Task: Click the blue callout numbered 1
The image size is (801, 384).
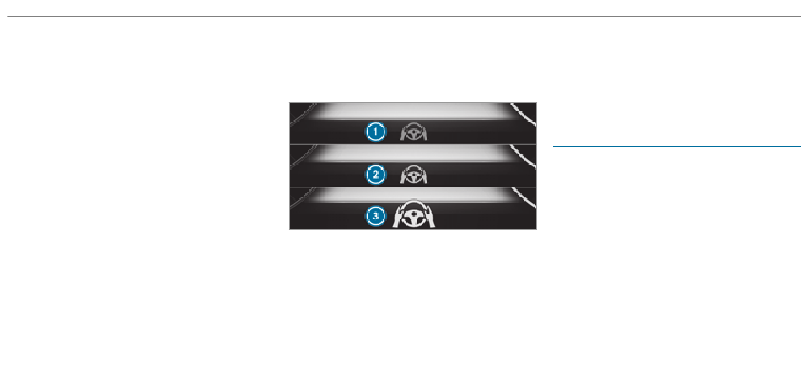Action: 376,133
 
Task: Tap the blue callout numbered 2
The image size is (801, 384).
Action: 376,175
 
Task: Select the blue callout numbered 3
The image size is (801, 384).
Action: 376,216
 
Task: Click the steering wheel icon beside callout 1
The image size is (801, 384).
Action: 414,133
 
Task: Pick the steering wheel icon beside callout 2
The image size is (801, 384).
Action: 414,175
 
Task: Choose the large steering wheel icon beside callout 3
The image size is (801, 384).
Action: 414,214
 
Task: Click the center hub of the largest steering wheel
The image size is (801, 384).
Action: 414,215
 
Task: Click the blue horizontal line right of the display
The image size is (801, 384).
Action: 677,147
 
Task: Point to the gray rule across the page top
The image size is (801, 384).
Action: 404,16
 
